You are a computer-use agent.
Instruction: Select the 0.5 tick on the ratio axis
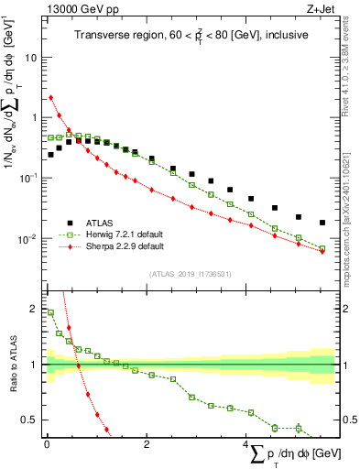[x=30, y=420]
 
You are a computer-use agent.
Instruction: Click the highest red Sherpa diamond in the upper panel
[x=50, y=97]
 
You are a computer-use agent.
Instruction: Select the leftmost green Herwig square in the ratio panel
[x=50, y=312]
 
